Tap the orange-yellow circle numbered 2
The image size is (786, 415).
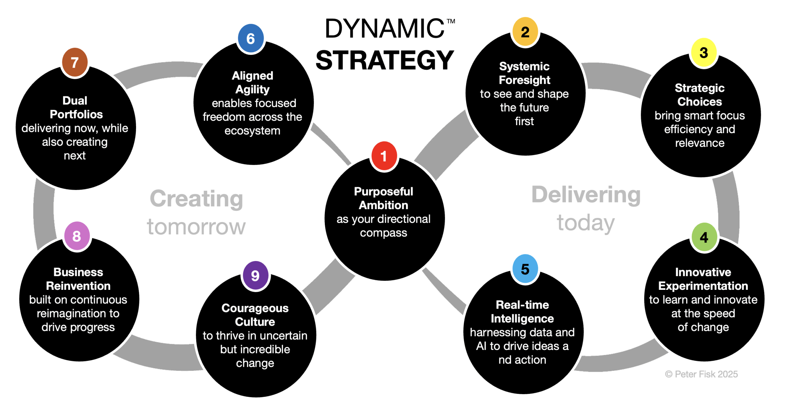525,32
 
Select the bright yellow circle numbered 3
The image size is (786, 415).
704,52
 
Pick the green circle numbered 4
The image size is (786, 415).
704,237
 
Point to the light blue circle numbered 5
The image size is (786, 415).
525,269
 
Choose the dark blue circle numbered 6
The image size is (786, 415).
251,39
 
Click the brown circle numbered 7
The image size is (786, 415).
75,62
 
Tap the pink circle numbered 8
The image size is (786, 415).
77,236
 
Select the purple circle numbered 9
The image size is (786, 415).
255,275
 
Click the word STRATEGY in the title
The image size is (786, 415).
385,60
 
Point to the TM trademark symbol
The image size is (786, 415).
451,21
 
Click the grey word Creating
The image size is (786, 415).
196,199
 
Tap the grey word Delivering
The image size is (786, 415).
586,195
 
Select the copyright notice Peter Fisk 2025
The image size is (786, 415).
701,374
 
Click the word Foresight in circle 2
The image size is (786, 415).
524,80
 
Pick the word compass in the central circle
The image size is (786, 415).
383,233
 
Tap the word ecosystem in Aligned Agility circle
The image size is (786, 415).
252,131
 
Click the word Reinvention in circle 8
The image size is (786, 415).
78,286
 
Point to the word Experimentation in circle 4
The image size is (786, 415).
703,286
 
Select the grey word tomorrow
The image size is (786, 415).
196,227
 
